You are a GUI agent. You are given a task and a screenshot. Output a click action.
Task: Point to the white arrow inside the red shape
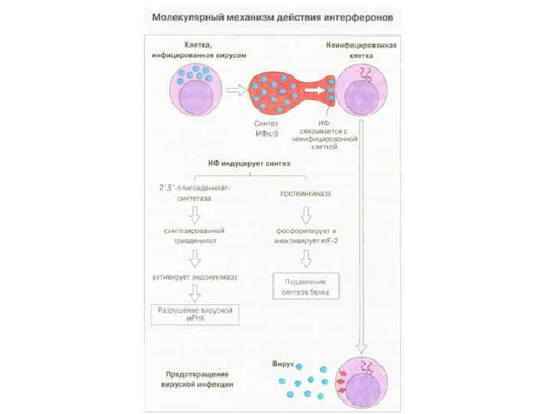(312, 90)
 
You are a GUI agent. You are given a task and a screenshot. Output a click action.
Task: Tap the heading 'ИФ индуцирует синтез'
(248, 163)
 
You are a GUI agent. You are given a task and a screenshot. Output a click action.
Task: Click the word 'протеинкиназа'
(304, 193)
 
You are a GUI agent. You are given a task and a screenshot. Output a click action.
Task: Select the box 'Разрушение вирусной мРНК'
(194, 314)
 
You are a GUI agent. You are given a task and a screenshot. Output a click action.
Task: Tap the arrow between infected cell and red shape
(238, 90)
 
